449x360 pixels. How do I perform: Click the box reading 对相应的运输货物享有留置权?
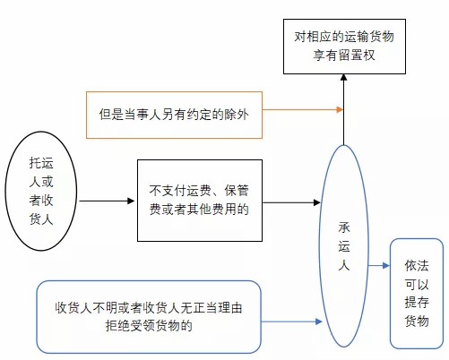coord(344,47)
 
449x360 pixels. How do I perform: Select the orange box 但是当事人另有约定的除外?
coord(174,115)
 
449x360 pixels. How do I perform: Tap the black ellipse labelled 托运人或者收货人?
coord(41,191)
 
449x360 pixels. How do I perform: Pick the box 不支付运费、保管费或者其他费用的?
coord(200,201)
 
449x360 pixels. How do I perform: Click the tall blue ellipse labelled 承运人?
coord(344,246)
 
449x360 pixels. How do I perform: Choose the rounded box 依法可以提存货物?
coord(417,294)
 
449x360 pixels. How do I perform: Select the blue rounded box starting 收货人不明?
coord(149,317)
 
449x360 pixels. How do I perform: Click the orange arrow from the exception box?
coord(303,109)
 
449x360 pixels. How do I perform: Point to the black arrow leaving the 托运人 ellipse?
coord(107,201)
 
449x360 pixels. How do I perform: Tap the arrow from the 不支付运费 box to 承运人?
coord(291,202)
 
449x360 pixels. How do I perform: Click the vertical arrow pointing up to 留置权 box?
coord(343,109)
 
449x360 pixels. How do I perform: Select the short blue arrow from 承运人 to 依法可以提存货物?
coord(379,265)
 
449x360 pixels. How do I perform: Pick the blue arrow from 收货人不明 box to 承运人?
coord(291,321)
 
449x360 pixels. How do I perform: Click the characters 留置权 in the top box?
coord(357,56)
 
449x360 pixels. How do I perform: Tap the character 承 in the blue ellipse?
coord(344,227)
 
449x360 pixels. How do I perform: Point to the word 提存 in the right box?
coord(417,303)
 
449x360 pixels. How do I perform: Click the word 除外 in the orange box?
coord(237,115)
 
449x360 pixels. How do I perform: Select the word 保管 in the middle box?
coord(237,191)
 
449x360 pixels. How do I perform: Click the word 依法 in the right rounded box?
coord(417,265)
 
